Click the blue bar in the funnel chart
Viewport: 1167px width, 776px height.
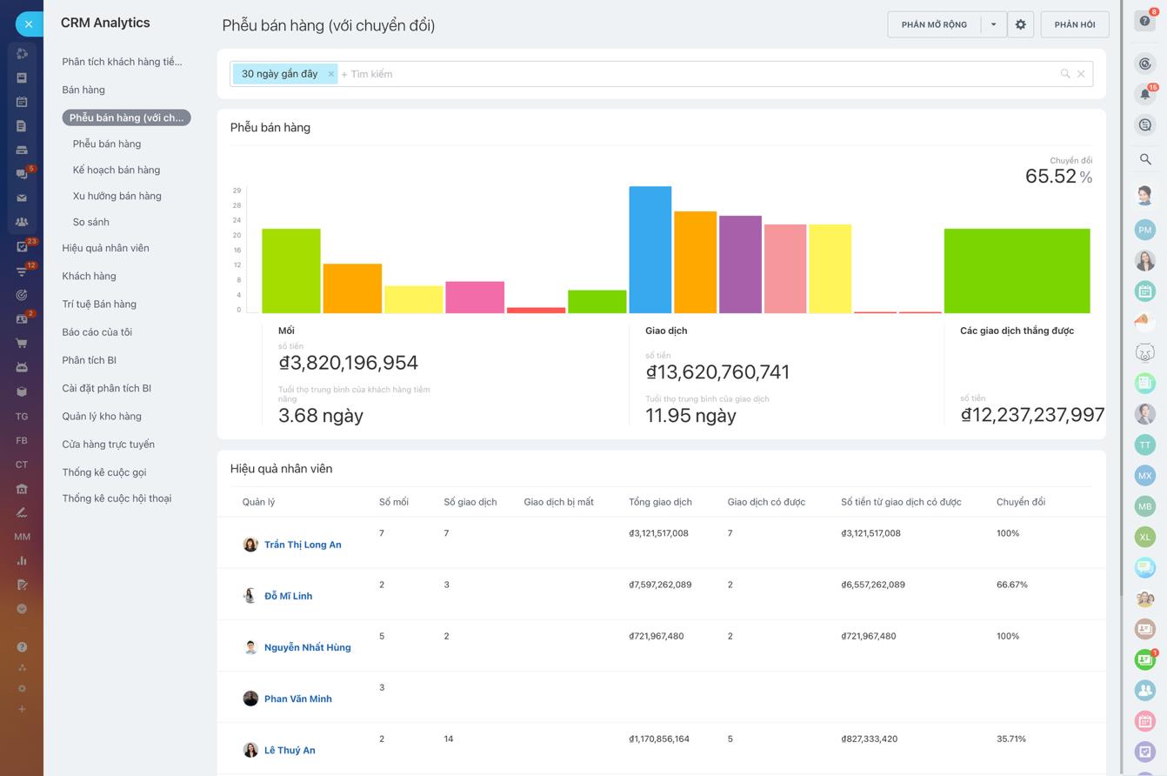pos(650,250)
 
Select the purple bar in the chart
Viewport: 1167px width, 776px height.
pos(740,264)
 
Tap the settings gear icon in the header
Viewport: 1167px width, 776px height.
pos(1020,24)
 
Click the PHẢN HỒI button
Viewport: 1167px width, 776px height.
pos(1074,24)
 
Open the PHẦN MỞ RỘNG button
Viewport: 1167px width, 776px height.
pos(934,24)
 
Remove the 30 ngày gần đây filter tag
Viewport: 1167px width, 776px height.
pos(330,74)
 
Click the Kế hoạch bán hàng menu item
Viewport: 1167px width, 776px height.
pos(117,170)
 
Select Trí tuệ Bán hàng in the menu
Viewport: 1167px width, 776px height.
pos(99,304)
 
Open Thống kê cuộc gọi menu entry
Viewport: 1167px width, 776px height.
pos(104,472)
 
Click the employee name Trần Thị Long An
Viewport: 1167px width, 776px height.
pos(303,545)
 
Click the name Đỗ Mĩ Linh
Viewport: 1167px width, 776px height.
pos(288,596)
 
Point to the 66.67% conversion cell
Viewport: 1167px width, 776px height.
pos(1011,585)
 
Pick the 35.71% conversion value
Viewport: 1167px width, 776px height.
pos(1010,739)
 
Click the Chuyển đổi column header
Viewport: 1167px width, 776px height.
pos(1020,502)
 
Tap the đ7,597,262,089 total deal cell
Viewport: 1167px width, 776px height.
pos(659,585)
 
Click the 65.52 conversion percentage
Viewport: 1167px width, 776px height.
pos(1050,176)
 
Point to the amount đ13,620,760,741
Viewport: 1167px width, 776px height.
pos(717,372)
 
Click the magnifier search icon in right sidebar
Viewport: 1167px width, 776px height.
pos(1145,159)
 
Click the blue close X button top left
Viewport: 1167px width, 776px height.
pos(29,24)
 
